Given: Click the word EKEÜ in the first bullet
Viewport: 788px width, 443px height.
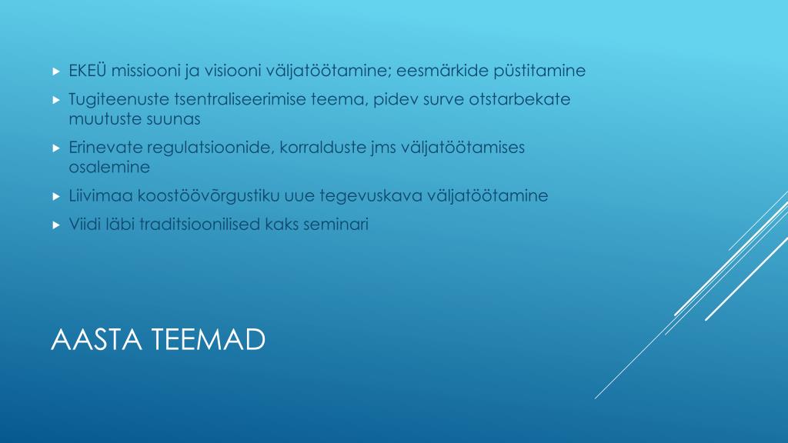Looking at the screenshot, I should (x=88, y=71).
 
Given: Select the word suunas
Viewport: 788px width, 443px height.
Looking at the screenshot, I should (x=179, y=119).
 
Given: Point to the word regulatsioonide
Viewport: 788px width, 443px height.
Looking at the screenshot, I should (x=198, y=148).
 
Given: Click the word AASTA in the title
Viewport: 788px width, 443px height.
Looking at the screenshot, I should (x=93, y=339).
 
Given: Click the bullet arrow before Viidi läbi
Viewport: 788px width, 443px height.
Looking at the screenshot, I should (x=55, y=225).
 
